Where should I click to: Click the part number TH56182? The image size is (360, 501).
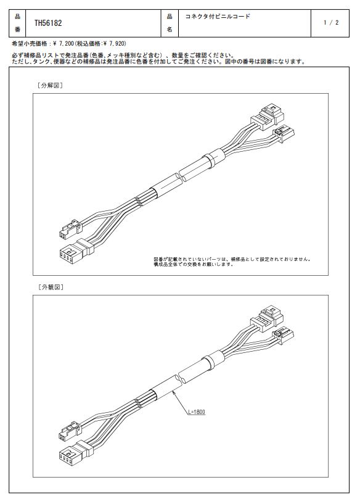(x=48, y=23)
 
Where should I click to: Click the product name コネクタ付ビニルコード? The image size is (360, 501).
(x=218, y=16)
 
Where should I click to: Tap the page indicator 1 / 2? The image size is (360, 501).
(x=331, y=22)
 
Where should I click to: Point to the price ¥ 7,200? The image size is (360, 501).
(x=64, y=43)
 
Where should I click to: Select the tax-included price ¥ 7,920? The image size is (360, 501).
(x=114, y=43)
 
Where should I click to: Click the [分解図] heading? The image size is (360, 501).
(x=50, y=86)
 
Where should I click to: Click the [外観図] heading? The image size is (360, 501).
(x=51, y=287)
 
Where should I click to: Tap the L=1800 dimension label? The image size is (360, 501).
(x=196, y=412)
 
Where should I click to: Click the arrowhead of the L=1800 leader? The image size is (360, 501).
(x=173, y=392)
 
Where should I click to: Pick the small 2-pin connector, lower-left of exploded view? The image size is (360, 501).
(x=70, y=228)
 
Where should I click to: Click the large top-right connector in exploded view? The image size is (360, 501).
(x=267, y=117)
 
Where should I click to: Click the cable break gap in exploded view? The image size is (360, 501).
(x=179, y=176)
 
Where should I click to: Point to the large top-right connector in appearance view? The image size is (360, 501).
(x=267, y=318)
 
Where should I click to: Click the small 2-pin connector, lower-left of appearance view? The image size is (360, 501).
(x=70, y=431)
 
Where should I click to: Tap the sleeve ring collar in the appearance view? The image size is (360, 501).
(x=209, y=360)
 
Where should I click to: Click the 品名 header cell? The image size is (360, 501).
(x=170, y=23)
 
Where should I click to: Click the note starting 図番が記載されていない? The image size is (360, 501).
(x=232, y=262)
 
